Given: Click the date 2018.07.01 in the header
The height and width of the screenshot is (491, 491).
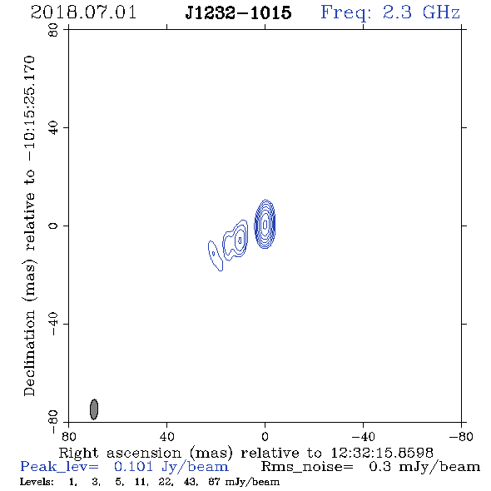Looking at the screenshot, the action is [83, 12].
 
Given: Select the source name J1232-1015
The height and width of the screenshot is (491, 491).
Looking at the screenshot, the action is [238, 12].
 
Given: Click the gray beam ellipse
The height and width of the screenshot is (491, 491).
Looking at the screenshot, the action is [94, 409].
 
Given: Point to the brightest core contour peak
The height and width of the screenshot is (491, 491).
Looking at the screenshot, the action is [265, 224].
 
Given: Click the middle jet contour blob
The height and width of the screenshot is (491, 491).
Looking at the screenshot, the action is [236, 240].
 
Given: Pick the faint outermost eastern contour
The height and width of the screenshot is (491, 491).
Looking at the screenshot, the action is [216, 255].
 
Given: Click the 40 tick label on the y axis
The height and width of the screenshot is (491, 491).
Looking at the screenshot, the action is [53, 128].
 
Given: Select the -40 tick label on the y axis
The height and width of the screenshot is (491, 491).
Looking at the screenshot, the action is [53, 324].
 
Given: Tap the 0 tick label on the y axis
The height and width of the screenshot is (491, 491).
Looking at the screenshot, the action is [53, 226].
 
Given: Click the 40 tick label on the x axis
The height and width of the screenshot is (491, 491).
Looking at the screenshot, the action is [166, 437].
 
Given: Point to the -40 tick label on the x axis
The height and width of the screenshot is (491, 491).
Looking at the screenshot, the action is [363, 437].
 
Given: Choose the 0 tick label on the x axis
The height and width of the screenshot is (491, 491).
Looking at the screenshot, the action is [265, 437].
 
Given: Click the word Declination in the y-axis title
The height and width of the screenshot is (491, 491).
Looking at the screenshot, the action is [29, 353].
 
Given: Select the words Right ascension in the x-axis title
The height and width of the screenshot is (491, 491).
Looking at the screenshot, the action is [120, 453].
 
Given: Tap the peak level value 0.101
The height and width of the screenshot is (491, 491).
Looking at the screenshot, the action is [133, 467].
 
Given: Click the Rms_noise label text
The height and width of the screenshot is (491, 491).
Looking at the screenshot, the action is [307, 467].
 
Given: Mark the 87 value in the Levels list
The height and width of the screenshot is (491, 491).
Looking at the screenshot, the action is [214, 481].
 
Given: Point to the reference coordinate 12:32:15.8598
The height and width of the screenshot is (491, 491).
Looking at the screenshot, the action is [382, 453].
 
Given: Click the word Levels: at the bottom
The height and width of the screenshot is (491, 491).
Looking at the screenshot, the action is [37, 481].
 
